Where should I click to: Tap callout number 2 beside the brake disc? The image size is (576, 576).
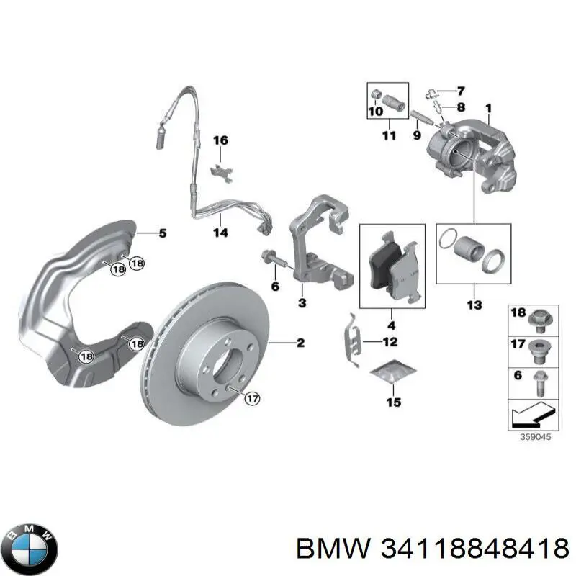click(x=300, y=343)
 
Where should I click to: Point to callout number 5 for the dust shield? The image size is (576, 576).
click(x=162, y=233)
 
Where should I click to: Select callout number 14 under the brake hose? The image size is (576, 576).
click(x=220, y=233)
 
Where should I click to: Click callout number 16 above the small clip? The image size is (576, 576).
click(x=220, y=140)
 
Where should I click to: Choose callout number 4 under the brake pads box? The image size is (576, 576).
click(x=391, y=314)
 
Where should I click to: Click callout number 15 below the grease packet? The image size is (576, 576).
click(x=393, y=402)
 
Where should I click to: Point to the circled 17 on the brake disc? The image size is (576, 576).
click(x=251, y=397)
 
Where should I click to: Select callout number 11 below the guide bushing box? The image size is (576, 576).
click(x=389, y=136)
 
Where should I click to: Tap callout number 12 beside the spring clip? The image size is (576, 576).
click(x=390, y=342)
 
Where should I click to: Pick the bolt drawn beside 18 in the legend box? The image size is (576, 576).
click(x=538, y=318)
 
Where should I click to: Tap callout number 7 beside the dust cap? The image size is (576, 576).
click(x=461, y=91)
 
